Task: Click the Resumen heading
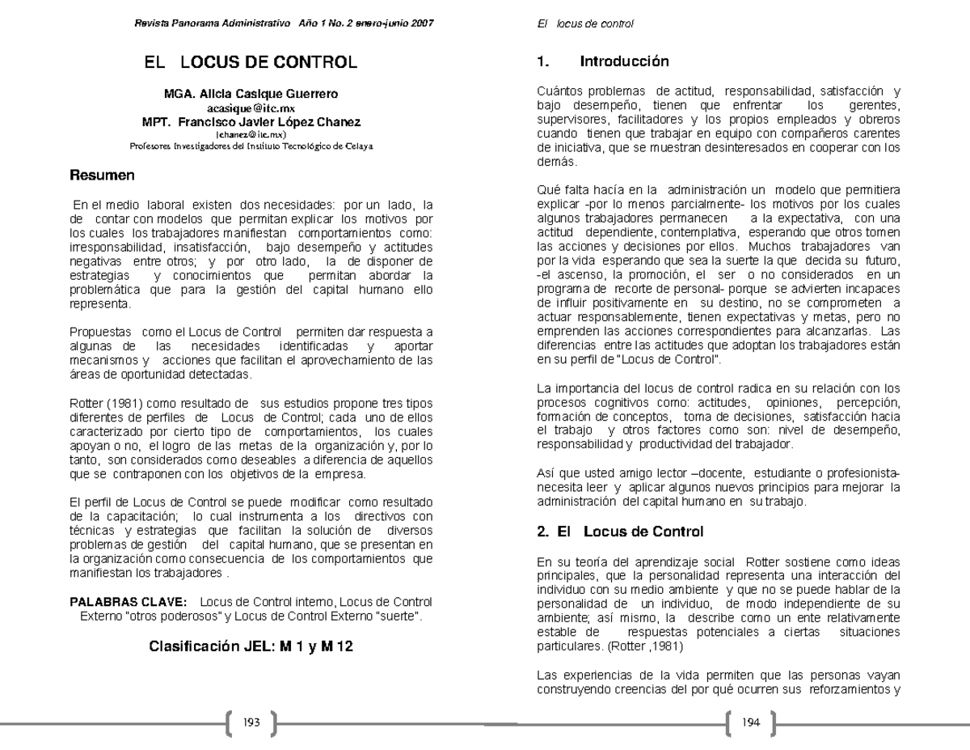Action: (101, 175)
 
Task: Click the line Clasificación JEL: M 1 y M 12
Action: (251, 646)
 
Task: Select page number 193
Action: (251, 724)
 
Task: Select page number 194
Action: (751, 724)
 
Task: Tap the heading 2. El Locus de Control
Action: (620, 532)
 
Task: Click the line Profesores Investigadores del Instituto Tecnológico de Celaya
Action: (251, 146)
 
